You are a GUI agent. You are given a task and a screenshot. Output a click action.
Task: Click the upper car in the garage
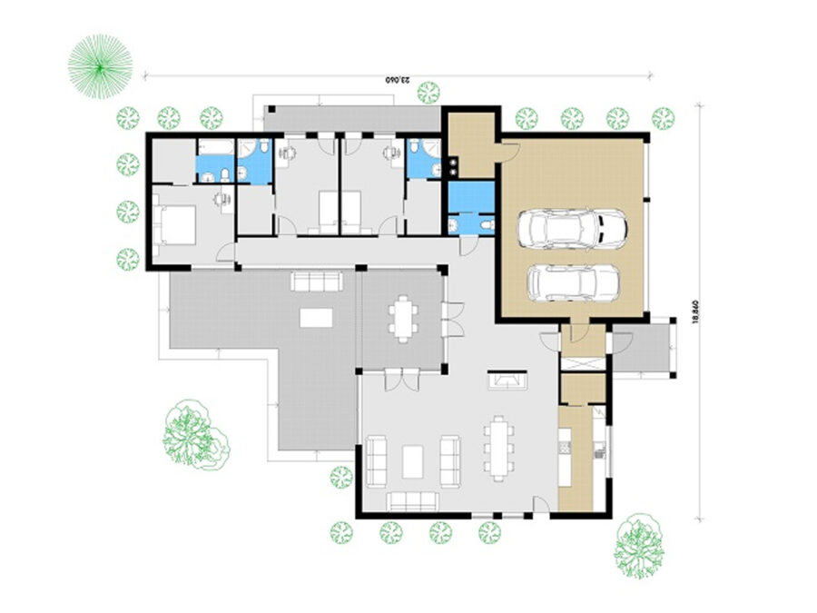(572, 229)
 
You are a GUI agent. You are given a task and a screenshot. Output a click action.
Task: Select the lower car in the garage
(574, 283)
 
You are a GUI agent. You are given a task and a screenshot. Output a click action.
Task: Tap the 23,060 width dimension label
(398, 80)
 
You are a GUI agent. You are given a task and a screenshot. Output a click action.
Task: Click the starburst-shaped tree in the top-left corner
(100, 66)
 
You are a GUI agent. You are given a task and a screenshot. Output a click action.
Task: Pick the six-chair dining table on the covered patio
(403, 319)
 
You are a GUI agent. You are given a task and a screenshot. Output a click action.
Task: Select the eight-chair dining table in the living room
(498, 448)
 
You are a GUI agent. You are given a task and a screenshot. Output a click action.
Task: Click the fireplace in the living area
(507, 380)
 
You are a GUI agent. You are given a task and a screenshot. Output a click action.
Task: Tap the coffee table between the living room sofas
(413, 461)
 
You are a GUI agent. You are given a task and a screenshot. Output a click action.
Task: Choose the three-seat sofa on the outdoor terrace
(317, 281)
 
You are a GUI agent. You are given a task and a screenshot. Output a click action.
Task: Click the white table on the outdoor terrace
(316, 318)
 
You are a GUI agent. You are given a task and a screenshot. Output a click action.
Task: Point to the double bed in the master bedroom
(175, 225)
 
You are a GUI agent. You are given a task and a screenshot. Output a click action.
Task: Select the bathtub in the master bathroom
(216, 147)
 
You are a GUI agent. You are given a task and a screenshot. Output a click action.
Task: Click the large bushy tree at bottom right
(639, 545)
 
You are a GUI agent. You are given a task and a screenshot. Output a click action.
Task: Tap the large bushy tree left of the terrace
(196, 435)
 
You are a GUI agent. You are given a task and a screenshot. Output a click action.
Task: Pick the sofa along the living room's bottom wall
(412, 501)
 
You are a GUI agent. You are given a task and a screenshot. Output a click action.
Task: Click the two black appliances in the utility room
(453, 165)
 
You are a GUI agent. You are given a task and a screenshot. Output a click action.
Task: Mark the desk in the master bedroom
(224, 200)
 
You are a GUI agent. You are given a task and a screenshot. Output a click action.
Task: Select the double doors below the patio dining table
(402, 379)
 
